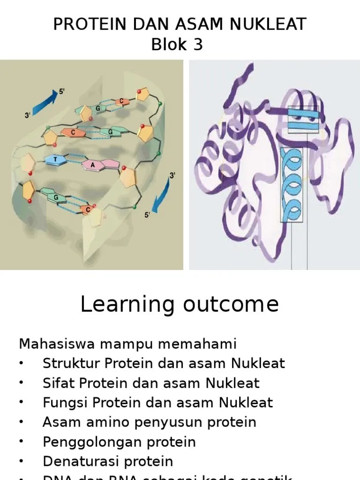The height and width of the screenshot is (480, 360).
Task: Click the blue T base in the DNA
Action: [56, 159]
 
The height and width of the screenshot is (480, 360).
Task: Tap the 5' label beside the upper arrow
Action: [62, 92]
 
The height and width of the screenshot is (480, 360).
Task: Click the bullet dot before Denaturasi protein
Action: [22, 461]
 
